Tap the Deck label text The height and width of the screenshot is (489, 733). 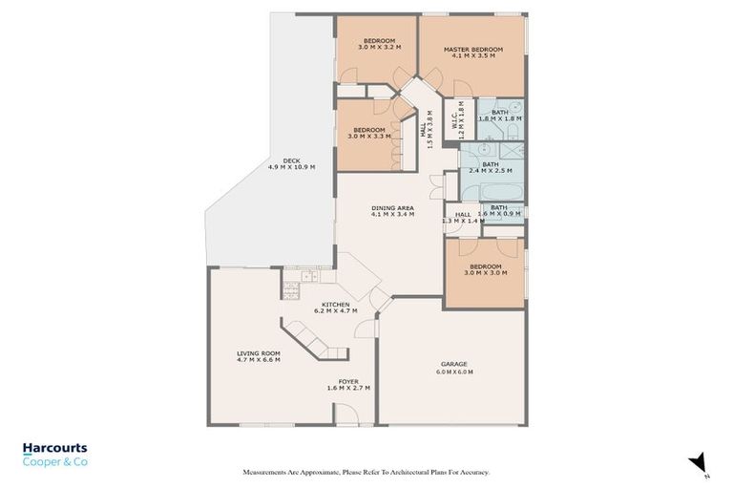click(x=291, y=163)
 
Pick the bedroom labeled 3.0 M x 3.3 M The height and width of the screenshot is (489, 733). click(x=368, y=133)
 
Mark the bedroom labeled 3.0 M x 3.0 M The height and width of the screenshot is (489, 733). click(x=485, y=269)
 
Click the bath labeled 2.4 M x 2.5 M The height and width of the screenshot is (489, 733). click(x=491, y=167)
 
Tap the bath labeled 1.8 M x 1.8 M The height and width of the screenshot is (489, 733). click(x=500, y=116)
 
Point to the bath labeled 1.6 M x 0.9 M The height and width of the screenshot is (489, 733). click(x=500, y=211)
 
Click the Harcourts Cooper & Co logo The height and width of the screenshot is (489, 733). click(x=55, y=454)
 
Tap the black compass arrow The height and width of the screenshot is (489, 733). click(x=698, y=461)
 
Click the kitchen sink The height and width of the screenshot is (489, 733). click(x=307, y=278)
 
